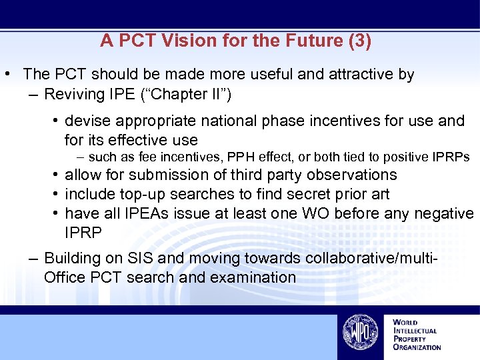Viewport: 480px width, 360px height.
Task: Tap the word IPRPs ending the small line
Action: (x=451, y=157)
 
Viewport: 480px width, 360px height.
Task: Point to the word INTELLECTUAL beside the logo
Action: (x=415, y=331)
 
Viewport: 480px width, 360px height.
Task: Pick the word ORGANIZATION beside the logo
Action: (x=417, y=347)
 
